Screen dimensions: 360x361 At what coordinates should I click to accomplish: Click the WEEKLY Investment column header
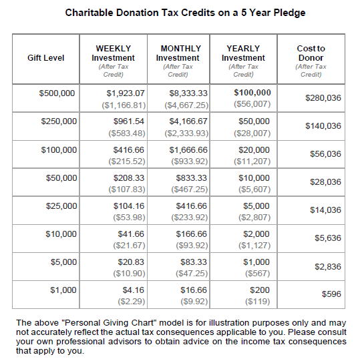pos(113,57)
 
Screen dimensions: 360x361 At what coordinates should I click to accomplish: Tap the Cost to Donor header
pos(311,57)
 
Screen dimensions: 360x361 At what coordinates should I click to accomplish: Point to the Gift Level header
pos(46,57)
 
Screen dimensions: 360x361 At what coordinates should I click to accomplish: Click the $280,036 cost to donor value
pos(323,98)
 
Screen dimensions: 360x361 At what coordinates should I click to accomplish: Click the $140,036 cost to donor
pos(323,126)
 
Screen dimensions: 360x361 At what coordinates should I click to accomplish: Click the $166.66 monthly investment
pos(192,234)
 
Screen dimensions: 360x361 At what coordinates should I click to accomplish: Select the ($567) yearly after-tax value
pos(256,274)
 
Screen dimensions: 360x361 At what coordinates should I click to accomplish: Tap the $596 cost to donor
pos(331,294)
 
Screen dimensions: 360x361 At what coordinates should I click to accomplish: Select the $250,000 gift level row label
pos(59,121)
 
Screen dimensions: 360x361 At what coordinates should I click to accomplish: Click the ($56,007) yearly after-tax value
pos(252,105)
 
